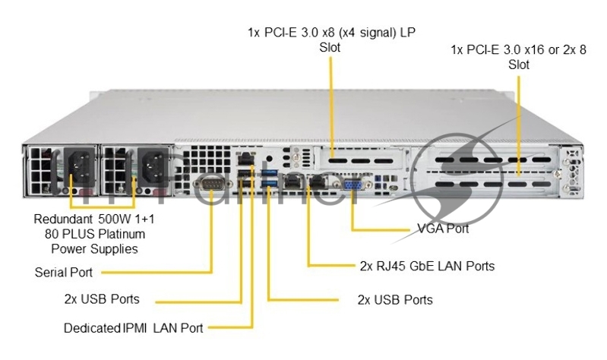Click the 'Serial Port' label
pyautogui.click(x=66, y=271)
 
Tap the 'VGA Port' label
pyautogui.click(x=443, y=228)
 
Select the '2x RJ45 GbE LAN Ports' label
pyautogui.click(x=426, y=266)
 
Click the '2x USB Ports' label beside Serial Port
pyautogui.click(x=102, y=298)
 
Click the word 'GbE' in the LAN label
pyautogui.click(x=424, y=266)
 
